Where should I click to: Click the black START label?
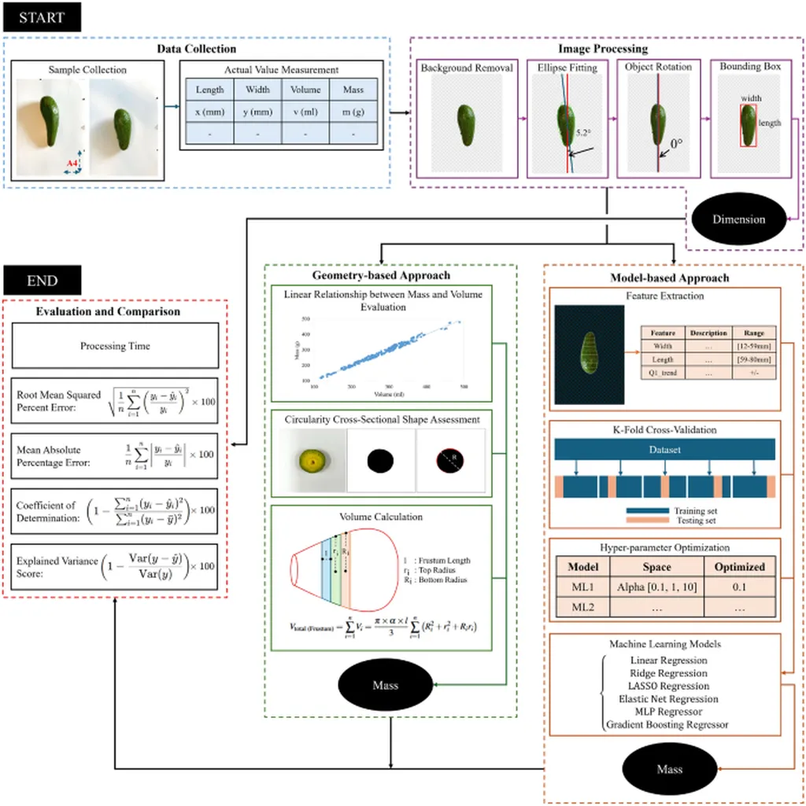41,17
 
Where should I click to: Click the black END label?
41,280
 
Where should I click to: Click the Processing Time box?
115,346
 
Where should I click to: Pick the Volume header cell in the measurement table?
305,90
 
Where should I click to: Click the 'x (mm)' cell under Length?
210,112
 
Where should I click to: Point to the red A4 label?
72,163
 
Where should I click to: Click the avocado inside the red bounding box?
749,124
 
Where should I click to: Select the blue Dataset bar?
664,450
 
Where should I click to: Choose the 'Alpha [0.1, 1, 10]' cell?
656,587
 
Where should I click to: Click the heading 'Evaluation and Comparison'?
109,311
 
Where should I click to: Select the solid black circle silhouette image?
379,461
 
